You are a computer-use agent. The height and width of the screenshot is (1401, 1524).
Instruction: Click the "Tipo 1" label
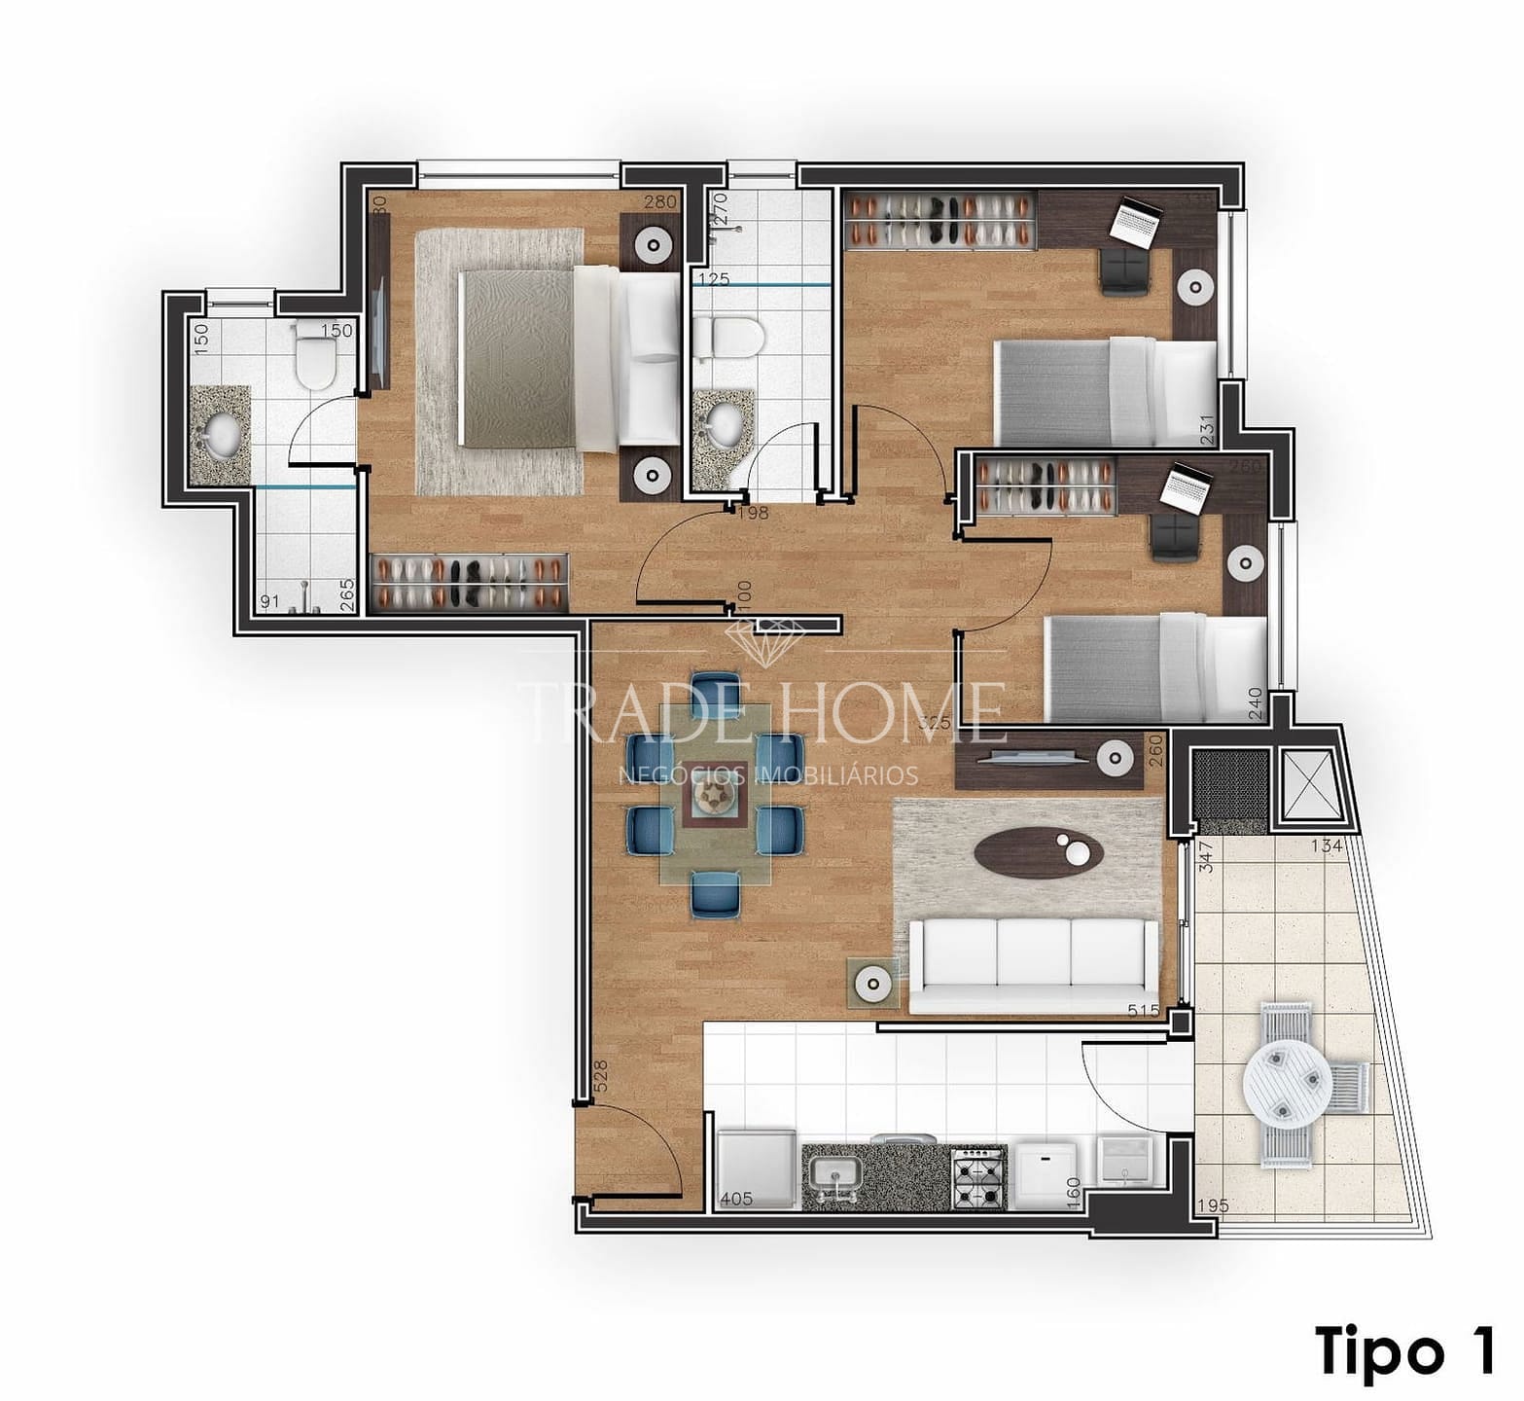[1404, 1349]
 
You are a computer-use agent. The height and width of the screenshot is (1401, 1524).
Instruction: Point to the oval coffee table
[1039, 854]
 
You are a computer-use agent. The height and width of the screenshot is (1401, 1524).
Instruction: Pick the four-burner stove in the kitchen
[976, 1176]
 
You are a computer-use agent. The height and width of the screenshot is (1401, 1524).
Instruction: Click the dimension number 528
[599, 1077]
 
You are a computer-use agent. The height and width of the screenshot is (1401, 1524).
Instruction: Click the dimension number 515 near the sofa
[1143, 1011]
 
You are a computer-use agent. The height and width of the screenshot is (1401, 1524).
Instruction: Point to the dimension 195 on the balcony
[1212, 1205]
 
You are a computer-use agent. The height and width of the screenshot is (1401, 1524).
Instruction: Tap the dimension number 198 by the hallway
[753, 513]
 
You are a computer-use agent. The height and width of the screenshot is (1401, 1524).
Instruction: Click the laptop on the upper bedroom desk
[1134, 223]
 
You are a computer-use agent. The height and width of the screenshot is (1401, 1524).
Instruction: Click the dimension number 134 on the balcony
[1328, 844]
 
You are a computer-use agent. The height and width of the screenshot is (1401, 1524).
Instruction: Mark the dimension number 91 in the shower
[270, 602]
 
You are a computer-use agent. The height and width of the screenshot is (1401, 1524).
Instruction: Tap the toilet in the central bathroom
[731, 337]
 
